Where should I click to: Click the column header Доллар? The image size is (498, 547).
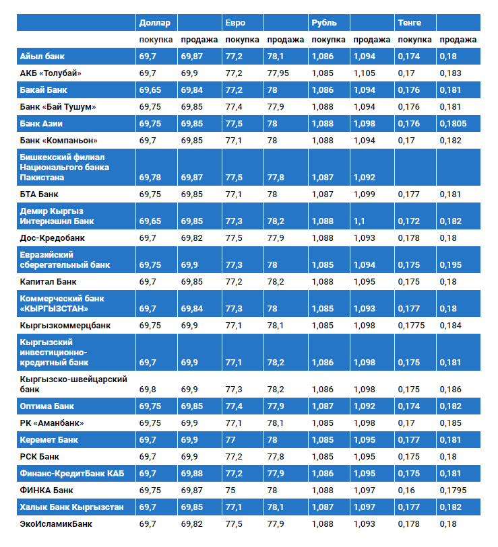point(154,23)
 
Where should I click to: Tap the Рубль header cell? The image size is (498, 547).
point(324,23)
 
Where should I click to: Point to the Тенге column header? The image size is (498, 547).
point(410,23)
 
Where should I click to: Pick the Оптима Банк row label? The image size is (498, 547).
point(47,406)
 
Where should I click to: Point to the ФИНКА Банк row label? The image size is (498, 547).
point(46,490)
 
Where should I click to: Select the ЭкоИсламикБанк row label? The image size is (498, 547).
point(56,523)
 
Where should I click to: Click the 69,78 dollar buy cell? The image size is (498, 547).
point(152,178)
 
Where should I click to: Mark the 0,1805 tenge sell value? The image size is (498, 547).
point(453,123)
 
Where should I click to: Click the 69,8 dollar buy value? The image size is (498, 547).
point(148,390)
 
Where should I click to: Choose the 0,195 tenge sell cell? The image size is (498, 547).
point(451,265)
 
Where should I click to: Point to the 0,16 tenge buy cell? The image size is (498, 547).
point(406,490)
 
